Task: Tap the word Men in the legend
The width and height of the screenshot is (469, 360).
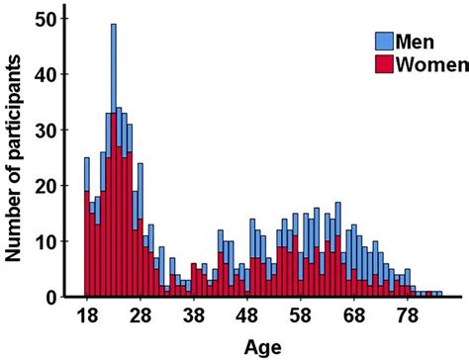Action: [416, 42]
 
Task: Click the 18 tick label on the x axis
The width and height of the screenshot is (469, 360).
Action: [87, 317]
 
